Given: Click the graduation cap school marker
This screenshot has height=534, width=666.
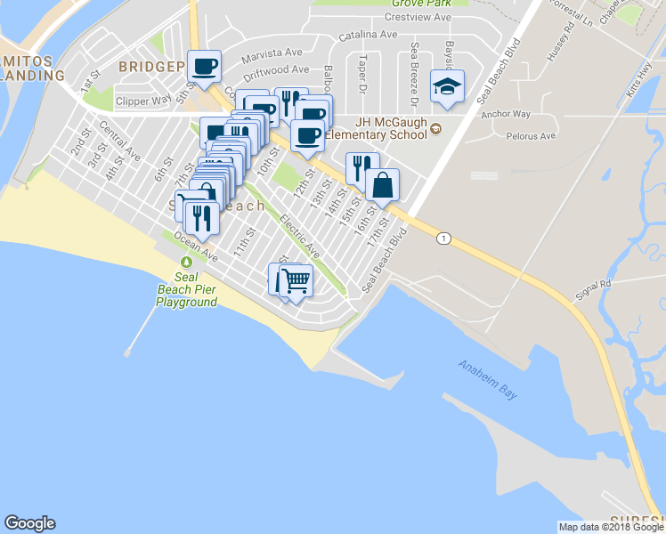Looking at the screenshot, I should pyautogui.click(x=447, y=86).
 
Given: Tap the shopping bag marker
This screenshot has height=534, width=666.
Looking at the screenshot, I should pyautogui.click(x=382, y=185).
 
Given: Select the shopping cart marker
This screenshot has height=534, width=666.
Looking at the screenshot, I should pyautogui.click(x=296, y=280).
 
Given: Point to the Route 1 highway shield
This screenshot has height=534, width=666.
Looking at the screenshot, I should pyautogui.click(x=443, y=238).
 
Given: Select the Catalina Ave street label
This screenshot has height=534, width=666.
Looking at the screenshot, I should pyautogui.click(x=368, y=35).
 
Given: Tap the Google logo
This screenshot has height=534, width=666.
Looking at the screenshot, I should pyautogui.click(x=29, y=523).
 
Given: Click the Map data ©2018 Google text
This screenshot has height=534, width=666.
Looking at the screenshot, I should pyautogui.click(x=611, y=527).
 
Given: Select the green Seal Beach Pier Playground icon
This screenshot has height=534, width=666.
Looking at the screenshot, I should pyautogui.click(x=185, y=262).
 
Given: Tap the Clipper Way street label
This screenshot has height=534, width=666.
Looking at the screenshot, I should pyautogui.click(x=143, y=101).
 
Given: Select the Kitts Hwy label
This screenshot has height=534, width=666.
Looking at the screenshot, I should pyautogui.click(x=638, y=79).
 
